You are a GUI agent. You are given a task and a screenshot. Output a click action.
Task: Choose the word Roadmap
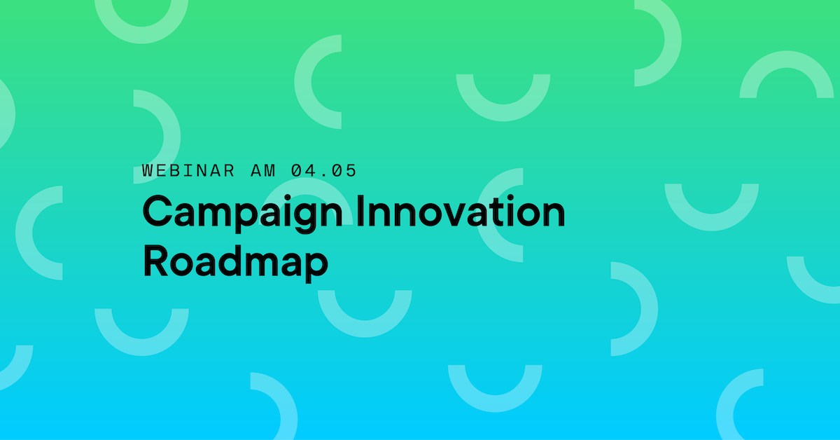point(235,261)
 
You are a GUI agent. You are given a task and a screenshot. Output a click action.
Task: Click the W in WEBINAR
point(148,170)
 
